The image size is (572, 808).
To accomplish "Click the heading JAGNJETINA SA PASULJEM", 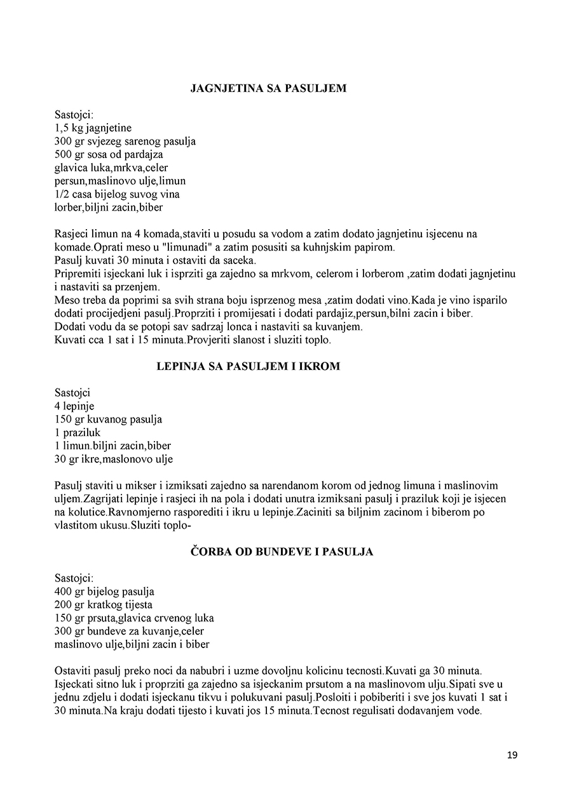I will [x=268, y=89].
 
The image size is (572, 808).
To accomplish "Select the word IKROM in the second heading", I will [x=321, y=366].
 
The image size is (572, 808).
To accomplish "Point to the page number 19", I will [x=512, y=755].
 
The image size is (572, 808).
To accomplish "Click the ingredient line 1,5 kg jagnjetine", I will [x=93, y=128].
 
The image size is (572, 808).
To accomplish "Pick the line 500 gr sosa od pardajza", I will [x=109, y=154].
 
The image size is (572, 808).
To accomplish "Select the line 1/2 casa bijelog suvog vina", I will [x=120, y=181].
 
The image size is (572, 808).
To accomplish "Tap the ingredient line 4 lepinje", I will [x=74, y=406].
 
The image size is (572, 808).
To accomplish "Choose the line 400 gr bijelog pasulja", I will [x=105, y=592].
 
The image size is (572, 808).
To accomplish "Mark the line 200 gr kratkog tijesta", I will [x=104, y=605].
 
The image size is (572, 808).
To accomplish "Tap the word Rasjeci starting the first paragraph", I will [x=72, y=234].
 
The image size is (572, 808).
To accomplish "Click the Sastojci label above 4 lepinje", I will [x=72, y=393].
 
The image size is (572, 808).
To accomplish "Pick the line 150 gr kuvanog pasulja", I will [x=109, y=420].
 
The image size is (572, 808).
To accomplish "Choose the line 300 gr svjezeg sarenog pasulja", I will [x=125, y=141].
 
